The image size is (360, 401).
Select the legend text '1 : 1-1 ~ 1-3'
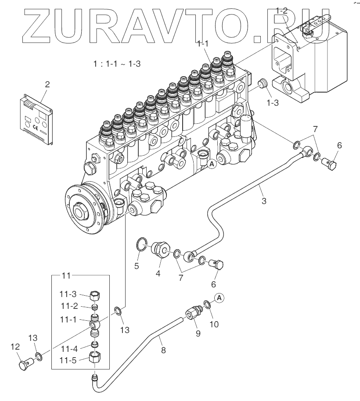[x=117, y=63]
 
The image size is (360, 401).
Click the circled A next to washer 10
[x=220, y=297]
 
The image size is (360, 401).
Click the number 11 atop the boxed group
[x=65, y=276]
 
